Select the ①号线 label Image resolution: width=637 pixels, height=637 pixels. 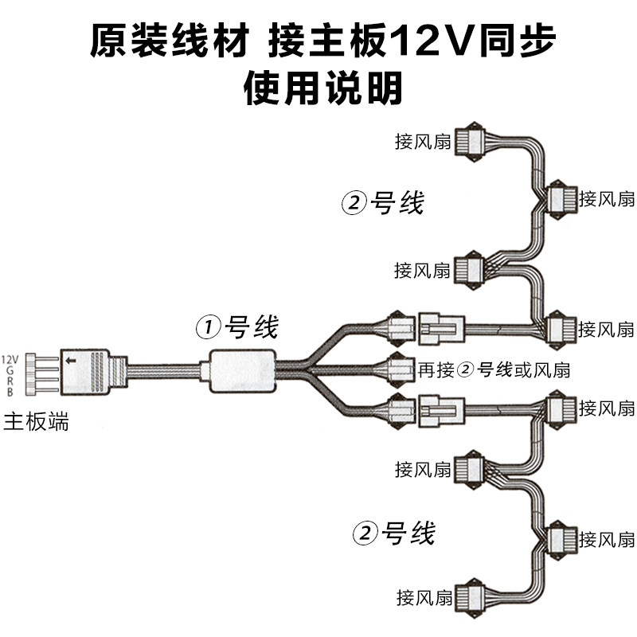point(238,326)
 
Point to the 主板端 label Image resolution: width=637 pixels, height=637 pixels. point(37,421)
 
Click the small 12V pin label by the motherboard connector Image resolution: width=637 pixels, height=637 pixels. point(10,359)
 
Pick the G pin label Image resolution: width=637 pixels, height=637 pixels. point(10,370)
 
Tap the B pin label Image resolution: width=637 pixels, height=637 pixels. point(10,393)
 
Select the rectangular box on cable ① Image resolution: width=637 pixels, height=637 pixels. point(243,371)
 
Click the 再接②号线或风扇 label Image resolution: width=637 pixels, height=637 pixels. point(494,369)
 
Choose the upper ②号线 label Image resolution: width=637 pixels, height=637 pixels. point(383,204)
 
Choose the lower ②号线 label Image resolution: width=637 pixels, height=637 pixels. point(394,533)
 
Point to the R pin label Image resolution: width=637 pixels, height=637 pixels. point(10,381)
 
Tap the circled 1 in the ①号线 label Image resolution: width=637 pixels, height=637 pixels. point(208,326)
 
